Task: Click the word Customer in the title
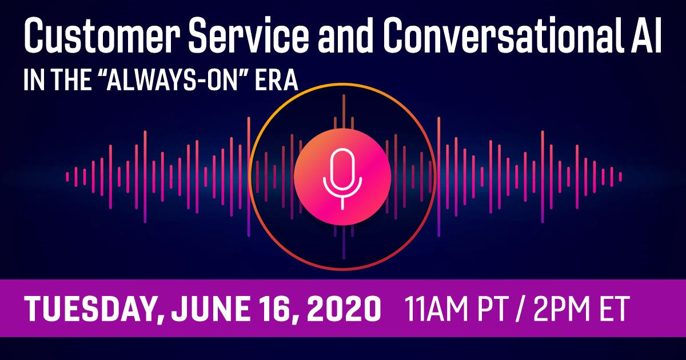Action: (102, 35)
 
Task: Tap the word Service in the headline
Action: (249, 35)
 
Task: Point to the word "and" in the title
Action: (345, 35)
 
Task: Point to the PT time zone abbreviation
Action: (492, 309)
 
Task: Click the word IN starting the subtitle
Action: (34, 79)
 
